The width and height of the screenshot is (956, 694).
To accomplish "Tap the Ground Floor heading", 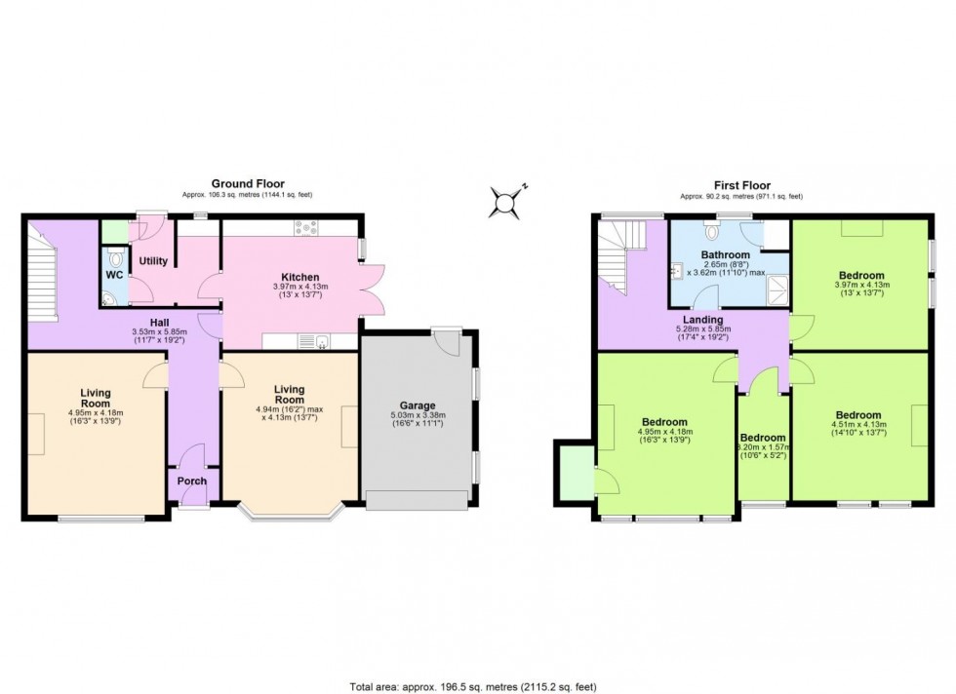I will click(x=240, y=184).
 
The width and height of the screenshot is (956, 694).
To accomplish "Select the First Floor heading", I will click(x=740, y=185).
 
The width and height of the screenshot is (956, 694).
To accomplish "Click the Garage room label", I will click(x=418, y=405).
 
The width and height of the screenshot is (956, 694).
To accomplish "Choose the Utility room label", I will click(x=153, y=261).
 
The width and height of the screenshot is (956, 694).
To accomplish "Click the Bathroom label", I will click(x=725, y=254).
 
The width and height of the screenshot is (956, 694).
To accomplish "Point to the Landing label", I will click(x=702, y=320).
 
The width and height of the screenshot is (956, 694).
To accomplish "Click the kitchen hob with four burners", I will click(x=307, y=228).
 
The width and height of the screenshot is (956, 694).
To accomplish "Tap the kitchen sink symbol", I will click(x=313, y=340).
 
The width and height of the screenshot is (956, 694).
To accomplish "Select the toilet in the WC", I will click(x=115, y=259).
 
